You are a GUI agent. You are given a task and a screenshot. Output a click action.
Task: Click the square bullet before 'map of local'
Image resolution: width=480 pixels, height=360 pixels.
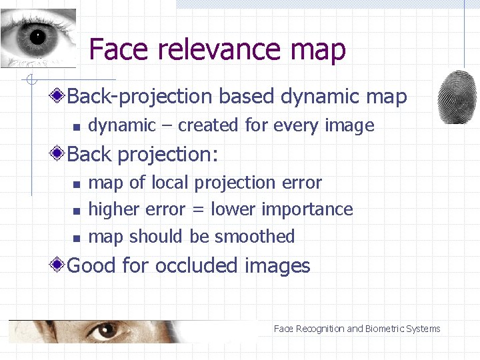click(x=77, y=184)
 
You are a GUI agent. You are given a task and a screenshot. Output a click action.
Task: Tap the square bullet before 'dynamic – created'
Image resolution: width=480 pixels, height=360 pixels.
click(x=77, y=127)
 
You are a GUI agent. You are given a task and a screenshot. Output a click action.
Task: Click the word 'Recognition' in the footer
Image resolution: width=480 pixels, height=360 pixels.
click(x=320, y=329)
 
